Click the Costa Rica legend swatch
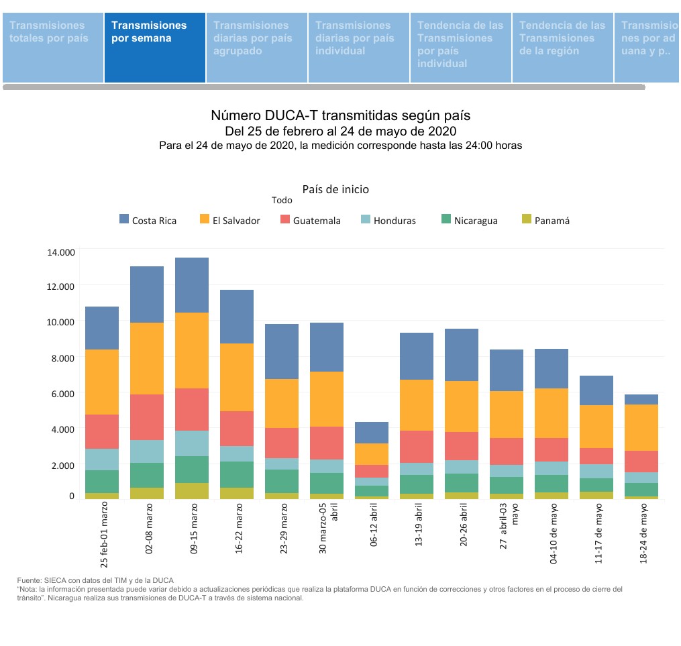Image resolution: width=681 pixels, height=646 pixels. (x=124, y=219)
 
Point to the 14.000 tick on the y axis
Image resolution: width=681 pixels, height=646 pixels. (x=60, y=252)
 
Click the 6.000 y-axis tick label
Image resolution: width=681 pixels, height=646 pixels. (x=62, y=393)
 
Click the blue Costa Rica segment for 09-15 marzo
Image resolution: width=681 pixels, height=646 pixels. (x=192, y=285)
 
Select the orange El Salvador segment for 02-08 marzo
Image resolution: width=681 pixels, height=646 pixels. (x=147, y=358)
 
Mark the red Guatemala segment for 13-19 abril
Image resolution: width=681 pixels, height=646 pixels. (x=417, y=447)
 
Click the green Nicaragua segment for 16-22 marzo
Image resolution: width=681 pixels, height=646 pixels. (x=237, y=474)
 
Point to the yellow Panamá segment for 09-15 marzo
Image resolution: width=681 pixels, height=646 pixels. (x=192, y=490)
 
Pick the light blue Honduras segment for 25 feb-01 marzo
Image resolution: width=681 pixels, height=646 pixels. (x=102, y=460)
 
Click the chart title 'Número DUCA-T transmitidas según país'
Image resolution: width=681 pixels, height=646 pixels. (x=340, y=116)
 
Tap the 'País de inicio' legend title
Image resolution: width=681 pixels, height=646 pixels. (x=335, y=189)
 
